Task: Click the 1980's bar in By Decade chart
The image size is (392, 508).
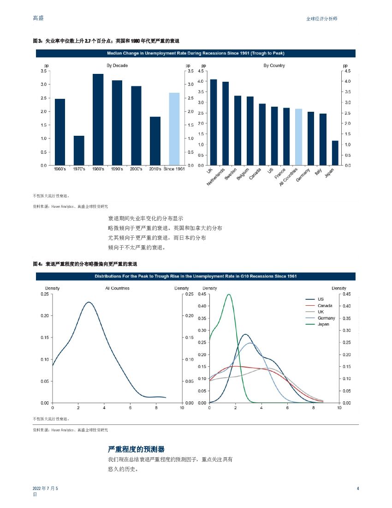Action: click(98, 120)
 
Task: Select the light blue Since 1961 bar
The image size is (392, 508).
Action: click(174, 129)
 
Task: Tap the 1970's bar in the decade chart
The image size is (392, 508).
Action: click(79, 150)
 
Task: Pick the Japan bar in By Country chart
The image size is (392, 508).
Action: click(335, 153)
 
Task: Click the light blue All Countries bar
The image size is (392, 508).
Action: click(298, 137)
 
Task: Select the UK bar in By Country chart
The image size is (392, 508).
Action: click(213, 122)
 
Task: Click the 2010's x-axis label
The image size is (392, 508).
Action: click(155, 169)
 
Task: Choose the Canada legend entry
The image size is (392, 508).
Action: click(325, 306)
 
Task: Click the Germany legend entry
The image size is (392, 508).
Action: click(326, 318)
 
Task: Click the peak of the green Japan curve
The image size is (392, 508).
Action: click(228, 294)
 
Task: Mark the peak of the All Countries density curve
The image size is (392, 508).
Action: click(89, 302)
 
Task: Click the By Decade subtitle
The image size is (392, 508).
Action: click(117, 66)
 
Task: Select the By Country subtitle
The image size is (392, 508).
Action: click(274, 66)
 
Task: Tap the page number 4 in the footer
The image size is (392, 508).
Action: click(358, 489)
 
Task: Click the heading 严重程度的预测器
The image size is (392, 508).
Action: click(136, 449)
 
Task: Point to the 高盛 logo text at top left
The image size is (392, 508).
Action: click(39, 18)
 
